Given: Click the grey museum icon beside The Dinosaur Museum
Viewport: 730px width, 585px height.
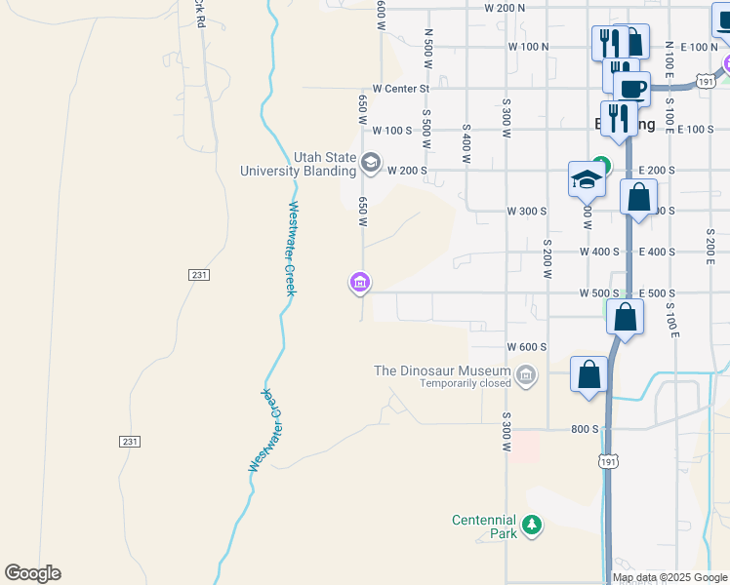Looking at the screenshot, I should tap(527, 374).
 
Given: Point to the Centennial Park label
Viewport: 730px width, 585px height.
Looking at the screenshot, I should tap(484, 526).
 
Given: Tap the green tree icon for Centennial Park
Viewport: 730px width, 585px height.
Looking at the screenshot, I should tap(532, 526).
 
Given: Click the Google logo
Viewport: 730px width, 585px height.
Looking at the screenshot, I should tap(32, 573).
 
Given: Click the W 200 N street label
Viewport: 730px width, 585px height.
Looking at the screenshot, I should tap(504, 8).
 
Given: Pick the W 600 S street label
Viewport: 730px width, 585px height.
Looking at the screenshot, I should tap(527, 347).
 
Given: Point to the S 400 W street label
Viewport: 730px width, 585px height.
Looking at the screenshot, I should tap(466, 142).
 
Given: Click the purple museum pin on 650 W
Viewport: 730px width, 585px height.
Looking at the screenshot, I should tap(359, 283).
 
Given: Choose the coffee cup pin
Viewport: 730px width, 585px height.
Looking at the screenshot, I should tap(632, 88).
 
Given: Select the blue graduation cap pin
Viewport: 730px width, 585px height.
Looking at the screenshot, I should tap(588, 179).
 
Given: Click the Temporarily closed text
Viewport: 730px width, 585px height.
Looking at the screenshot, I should tap(466, 383).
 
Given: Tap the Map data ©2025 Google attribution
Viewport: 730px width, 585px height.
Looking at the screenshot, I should tap(670, 577).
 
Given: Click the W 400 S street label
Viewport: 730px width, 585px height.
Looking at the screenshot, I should tap(599, 252).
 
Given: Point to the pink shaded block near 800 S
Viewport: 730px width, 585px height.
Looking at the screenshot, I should tap(526, 448).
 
